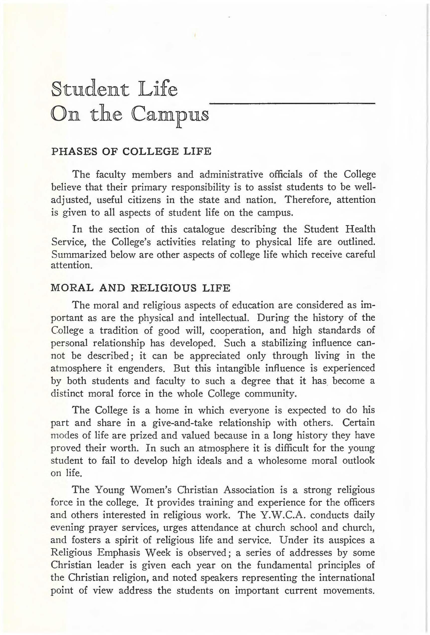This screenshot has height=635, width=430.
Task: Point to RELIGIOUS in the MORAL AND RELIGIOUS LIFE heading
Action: pos(164,288)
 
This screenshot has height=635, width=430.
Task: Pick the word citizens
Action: pos(144,200)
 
